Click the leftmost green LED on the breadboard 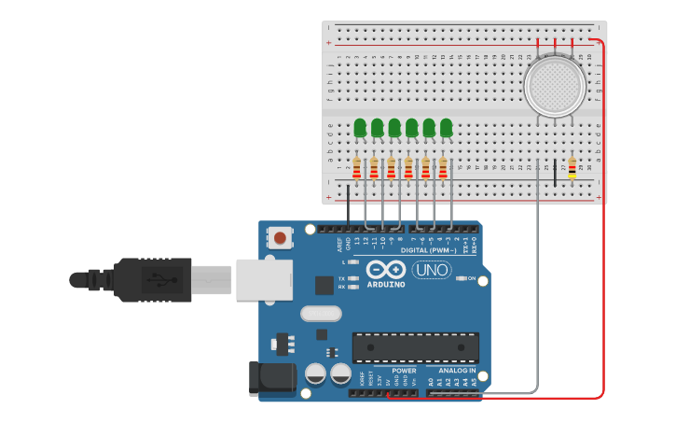(x=360, y=127)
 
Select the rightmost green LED (x=447, y=127)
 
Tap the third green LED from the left (x=394, y=127)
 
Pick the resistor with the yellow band (x=572, y=168)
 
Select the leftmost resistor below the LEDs (x=356, y=168)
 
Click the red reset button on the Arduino (x=279, y=238)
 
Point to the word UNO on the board (x=432, y=270)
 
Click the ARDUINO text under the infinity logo (x=386, y=284)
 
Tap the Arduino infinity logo (x=386, y=269)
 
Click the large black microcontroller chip (x=415, y=347)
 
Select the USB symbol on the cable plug (x=155, y=278)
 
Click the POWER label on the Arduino (x=402, y=370)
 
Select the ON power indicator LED (x=461, y=279)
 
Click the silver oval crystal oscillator (x=322, y=314)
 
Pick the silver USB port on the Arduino (x=264, y=279)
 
